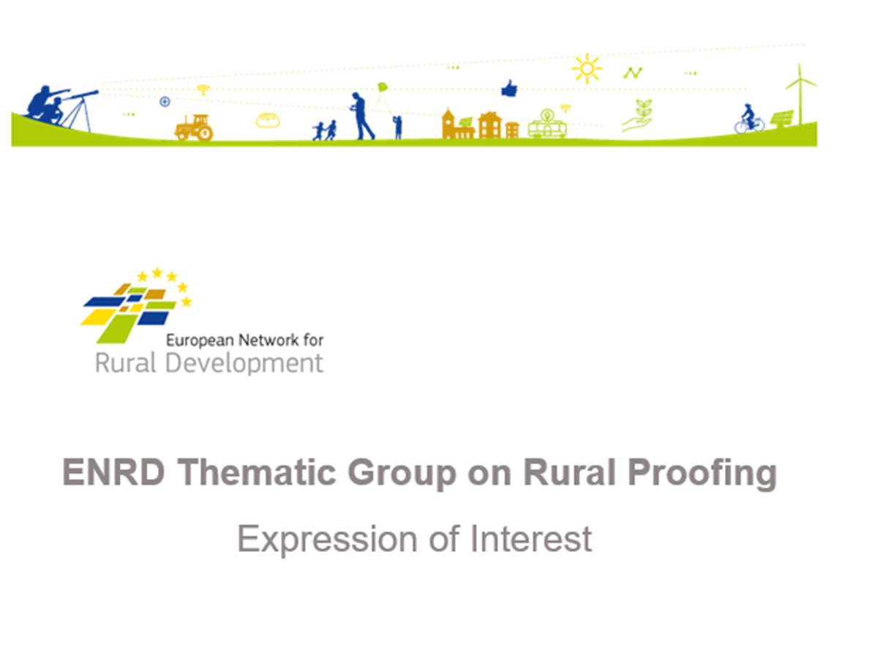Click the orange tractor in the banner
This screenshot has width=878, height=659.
[x=194, y=127]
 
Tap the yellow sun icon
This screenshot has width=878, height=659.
[x=587, y=68]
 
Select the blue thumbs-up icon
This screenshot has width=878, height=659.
[x=509, y=89]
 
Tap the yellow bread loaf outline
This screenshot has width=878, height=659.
[x=268, y=120]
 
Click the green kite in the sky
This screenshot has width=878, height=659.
[x=382, y=88]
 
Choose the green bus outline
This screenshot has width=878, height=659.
[x=547, y=127]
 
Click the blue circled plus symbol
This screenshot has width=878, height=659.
[x=165, y=102]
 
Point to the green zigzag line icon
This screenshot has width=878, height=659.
[x=633, y=72]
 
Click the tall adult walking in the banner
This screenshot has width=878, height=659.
[x=361, y=116]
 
